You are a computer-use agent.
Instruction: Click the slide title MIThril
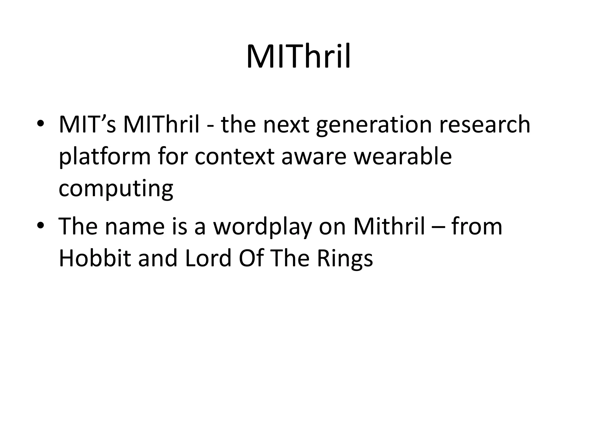(298, 57)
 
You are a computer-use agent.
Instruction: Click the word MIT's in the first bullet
(87, 125)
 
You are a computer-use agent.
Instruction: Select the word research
(484, 125)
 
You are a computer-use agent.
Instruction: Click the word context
(234, 157)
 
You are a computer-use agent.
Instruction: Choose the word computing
(116, 189)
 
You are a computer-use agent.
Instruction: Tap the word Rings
(345, 259)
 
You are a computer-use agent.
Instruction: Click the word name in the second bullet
(135, 227)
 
